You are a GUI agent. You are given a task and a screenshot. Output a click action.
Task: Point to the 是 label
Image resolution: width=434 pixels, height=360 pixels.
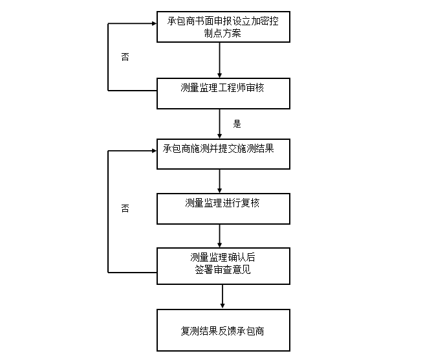[237, 124]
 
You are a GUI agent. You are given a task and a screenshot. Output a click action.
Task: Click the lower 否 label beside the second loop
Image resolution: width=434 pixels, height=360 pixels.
[125, 208]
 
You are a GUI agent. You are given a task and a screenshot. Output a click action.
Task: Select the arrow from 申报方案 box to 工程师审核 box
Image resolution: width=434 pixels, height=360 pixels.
[221, 60]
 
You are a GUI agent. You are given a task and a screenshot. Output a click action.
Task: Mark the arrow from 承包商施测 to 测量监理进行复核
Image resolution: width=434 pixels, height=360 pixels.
[221, 181]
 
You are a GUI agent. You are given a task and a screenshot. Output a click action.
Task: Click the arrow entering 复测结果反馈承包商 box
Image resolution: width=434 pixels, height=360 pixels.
[222, 296]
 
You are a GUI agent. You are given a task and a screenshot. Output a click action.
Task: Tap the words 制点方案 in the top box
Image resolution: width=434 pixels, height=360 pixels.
[222, 33]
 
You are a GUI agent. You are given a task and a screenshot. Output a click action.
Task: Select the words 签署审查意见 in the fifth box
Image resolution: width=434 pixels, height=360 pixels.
[222, 270]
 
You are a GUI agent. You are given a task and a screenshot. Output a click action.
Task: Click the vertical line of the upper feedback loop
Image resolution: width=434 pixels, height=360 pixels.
[108, 56]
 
